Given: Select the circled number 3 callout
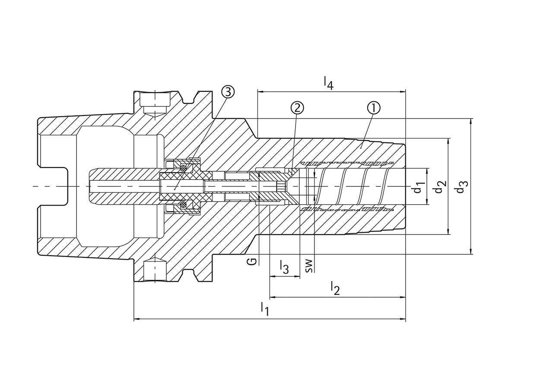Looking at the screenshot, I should (228, 91).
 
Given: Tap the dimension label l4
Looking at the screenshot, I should (329, 83).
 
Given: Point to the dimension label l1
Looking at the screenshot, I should (265, 309).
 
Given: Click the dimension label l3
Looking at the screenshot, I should (283, 266).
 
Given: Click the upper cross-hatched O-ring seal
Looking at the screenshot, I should (184, 167).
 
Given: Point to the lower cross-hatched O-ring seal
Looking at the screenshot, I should (184, 205).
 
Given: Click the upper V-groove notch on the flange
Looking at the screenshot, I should (189, 99).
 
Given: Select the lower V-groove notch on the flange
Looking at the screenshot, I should (189, 273).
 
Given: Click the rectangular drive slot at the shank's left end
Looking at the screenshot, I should (54, 186).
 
